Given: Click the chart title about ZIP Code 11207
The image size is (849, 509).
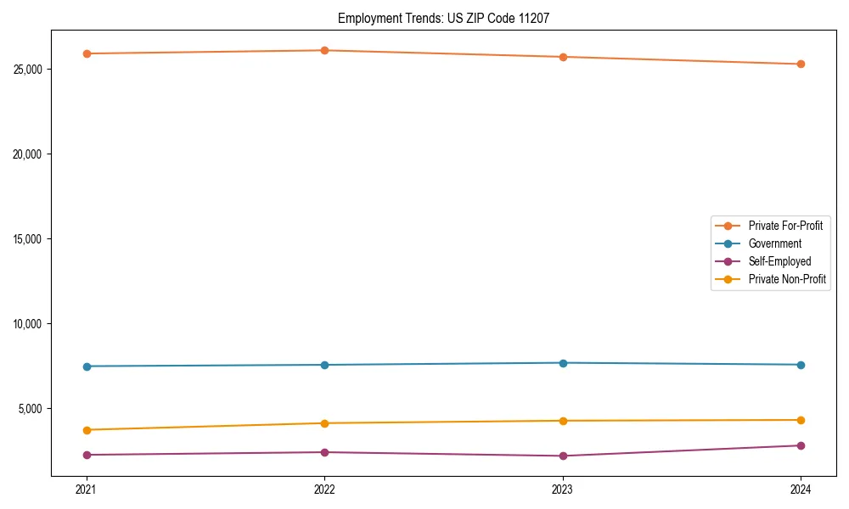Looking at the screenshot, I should coord(443,18).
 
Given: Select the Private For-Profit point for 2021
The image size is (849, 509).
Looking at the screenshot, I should coord(87,53).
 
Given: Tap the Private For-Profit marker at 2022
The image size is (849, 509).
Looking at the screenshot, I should coord(324,50).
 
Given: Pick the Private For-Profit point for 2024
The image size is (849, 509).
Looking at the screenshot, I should coord(801,64).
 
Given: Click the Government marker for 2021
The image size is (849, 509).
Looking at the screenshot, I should coord(87,366).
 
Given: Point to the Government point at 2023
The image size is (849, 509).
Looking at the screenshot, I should coord(563,363).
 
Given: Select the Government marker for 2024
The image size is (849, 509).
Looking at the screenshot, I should coord(801,365).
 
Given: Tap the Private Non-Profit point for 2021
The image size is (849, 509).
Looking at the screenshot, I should coord(87,430).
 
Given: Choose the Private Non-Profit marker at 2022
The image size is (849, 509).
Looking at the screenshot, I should coord(324,423).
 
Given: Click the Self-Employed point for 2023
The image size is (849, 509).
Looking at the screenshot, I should coord(563,456).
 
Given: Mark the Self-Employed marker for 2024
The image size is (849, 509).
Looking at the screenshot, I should coord(801,445).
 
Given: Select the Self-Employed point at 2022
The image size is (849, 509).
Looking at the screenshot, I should coord(324,452).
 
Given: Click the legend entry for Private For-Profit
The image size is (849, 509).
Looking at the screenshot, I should coord(784,226).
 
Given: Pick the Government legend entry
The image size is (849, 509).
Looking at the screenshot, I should coord(774,243).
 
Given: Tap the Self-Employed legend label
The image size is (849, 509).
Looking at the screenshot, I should coord(779,261).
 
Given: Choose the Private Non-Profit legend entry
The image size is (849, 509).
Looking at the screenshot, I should coord(787,279).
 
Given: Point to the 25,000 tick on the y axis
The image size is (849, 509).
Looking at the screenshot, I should coord(30,69).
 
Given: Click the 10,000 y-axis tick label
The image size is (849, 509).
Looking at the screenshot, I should coord(30,324).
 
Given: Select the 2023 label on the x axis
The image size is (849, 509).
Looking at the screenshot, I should coord(563,489).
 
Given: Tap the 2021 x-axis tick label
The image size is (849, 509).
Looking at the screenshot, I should coord(87,489).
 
